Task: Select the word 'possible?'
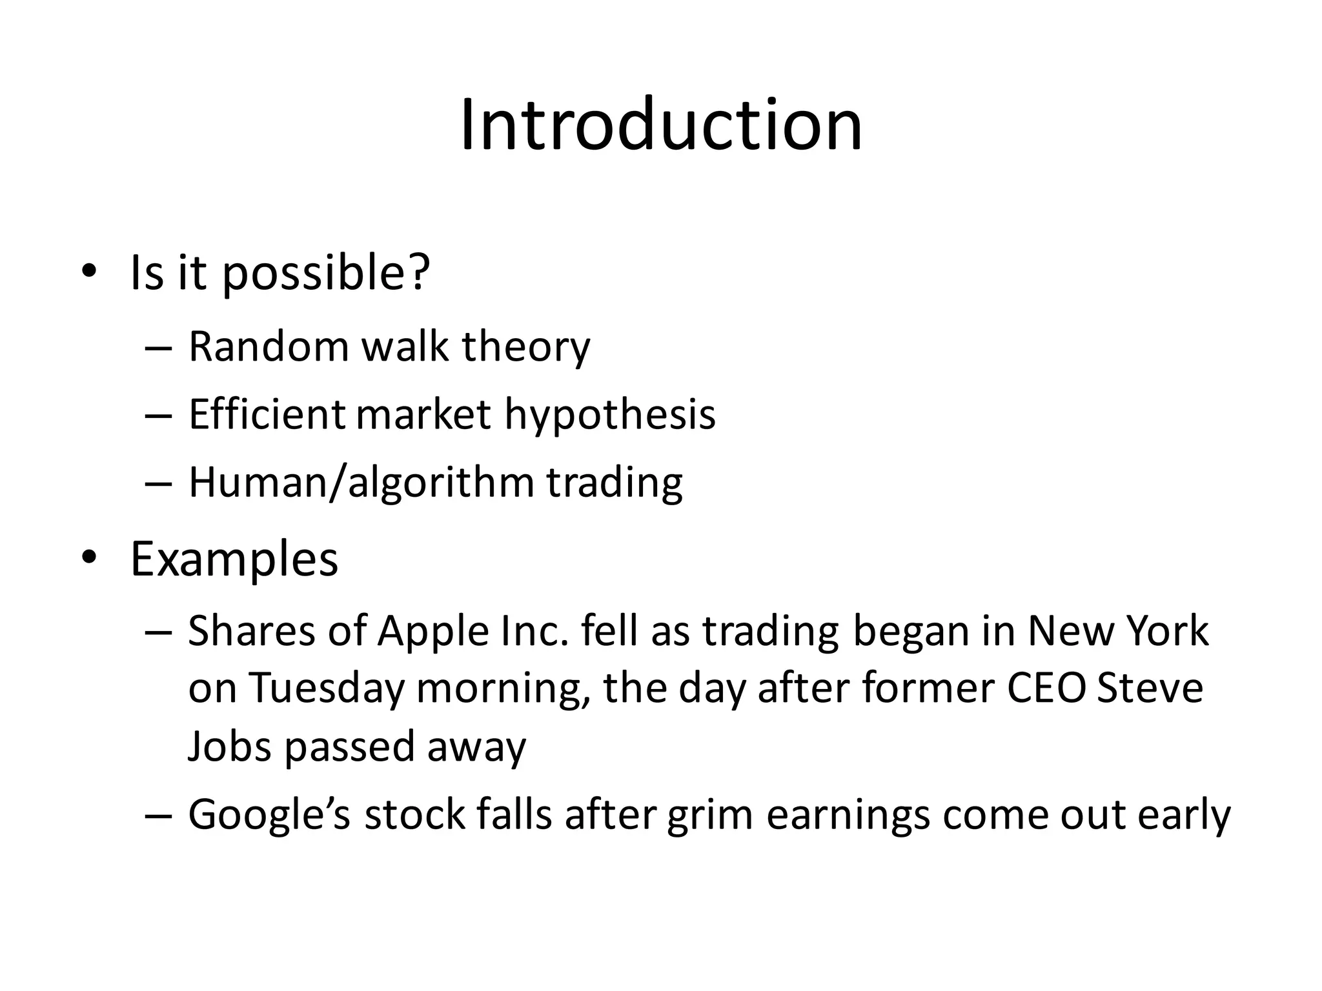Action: click(x=326, y=274)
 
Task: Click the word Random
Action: click(x=269, y=346)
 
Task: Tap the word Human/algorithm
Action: click(x=361, y=483)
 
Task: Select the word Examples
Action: click(x=234, y=559)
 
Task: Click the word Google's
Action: click(x=269, y=816)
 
